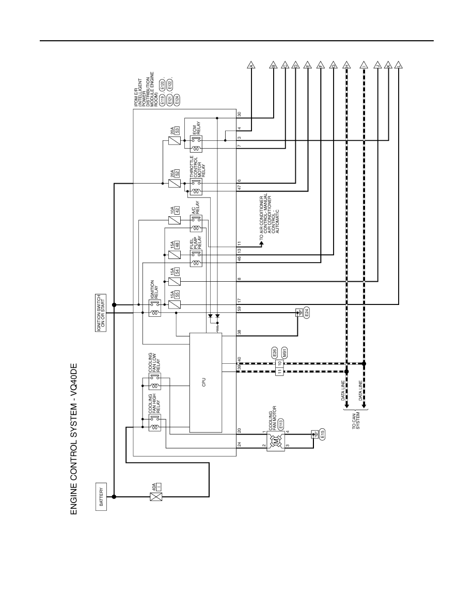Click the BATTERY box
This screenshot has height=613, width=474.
pos(101,496)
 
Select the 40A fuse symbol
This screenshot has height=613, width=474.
pos(156,497)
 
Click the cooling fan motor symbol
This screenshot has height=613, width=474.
pos(276,441)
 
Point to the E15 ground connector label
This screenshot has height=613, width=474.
pos(322,434)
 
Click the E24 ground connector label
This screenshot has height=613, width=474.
pos(307,313)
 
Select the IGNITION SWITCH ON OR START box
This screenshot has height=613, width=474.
pos(101,313)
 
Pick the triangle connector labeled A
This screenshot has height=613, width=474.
pos(251,66)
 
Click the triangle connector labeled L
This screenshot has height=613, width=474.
pos(399,66)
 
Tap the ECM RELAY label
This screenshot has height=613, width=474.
pos(197,130)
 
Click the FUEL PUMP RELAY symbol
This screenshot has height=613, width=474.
pos(196,259)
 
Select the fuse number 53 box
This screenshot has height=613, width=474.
pos(177,130)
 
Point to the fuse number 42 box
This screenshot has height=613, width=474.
pos(177,210)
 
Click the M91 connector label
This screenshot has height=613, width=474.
pos(285,353)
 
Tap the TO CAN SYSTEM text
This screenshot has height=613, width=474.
pos(356,421)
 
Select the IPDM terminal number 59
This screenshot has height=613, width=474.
pos(240,308)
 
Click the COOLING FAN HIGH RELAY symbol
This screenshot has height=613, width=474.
pos(155,424)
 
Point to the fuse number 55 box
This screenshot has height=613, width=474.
pos(177,295)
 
